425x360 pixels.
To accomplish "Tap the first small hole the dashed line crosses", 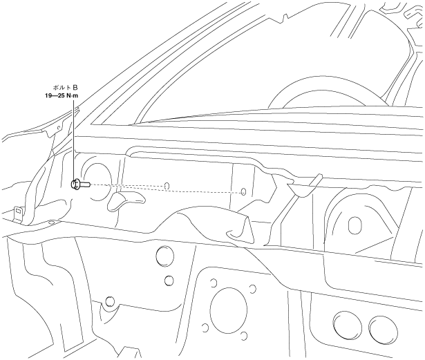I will pyautogui.click(x=168, y=186).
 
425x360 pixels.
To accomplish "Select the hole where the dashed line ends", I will pyautogui.click(x=243, y=191).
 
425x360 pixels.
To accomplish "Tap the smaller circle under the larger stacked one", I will pyautogui.click(x=168, y=281).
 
